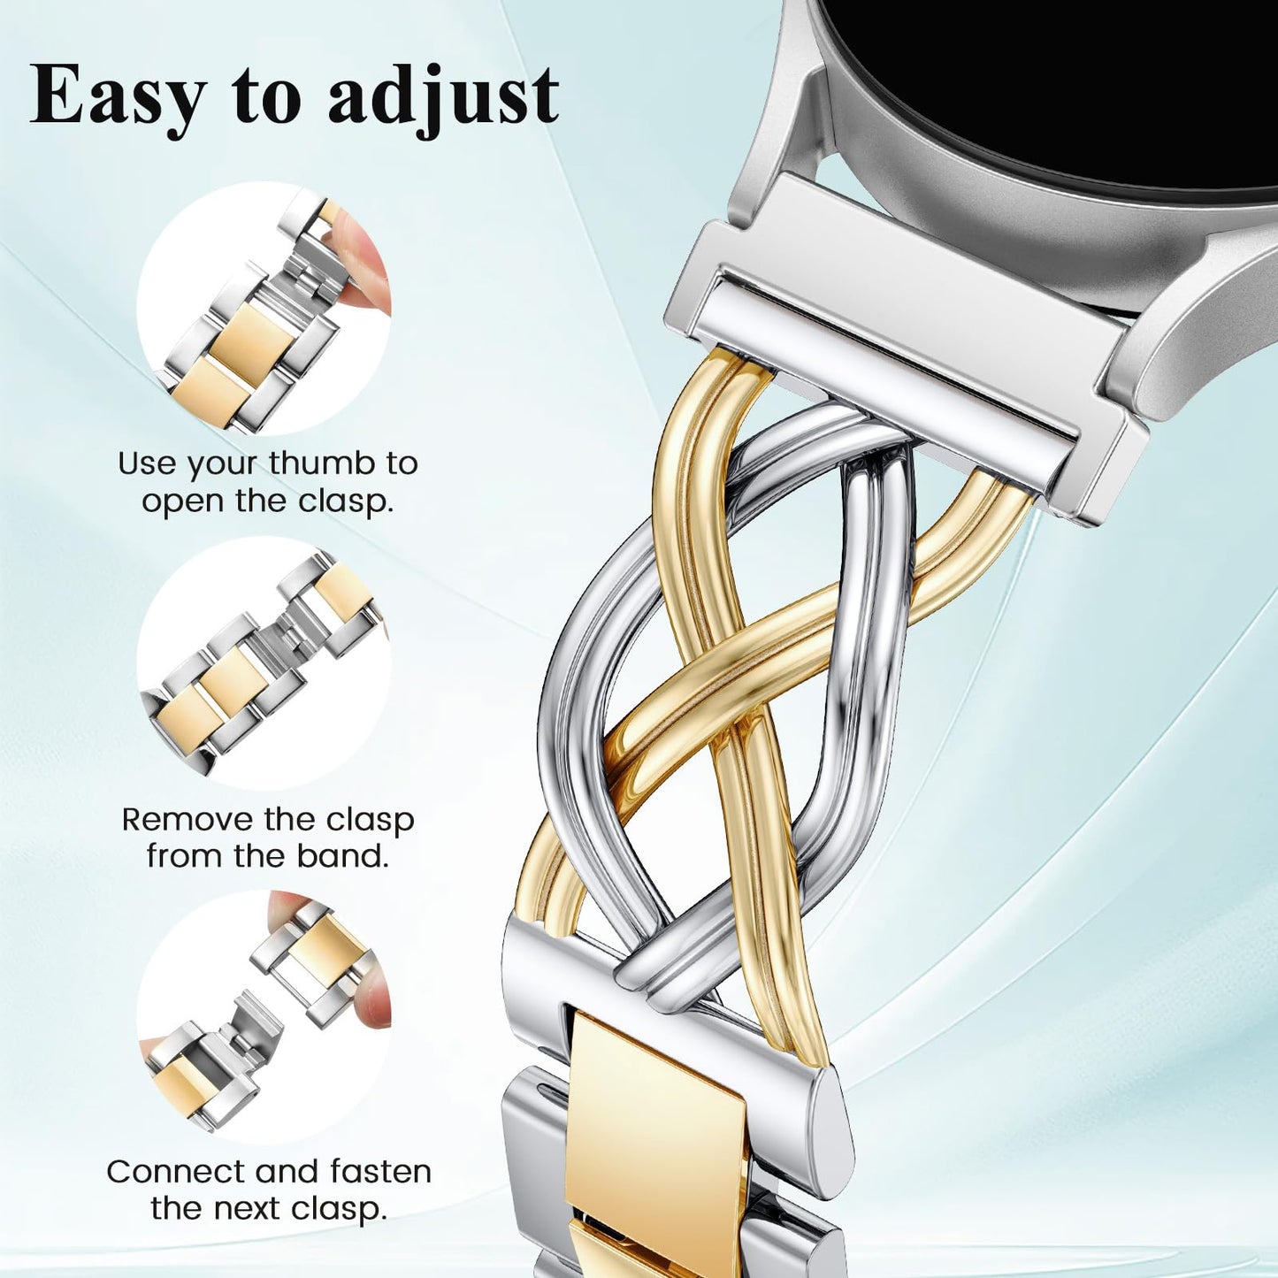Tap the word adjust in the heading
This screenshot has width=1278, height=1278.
click(x=443, y=96)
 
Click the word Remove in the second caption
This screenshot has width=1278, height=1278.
click(x=187, y=819)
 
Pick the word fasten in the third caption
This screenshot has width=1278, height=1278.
click(x=381, y=1171)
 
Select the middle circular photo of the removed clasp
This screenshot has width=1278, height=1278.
click(x=264, y=663)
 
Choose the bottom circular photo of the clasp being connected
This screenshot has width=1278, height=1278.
click(x=264, y=1017)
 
